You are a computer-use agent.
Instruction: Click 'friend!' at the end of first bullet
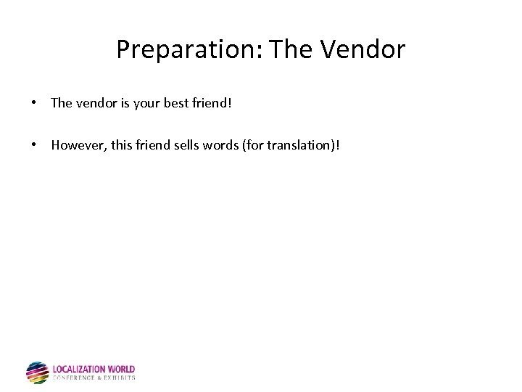click(x=212, y=103)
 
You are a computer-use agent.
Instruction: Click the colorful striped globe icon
click(x=37, y=372)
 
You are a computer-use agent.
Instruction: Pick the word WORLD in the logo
click(x=121, y=369)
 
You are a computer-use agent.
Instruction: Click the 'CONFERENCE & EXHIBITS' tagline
click(x=94, y=378)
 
